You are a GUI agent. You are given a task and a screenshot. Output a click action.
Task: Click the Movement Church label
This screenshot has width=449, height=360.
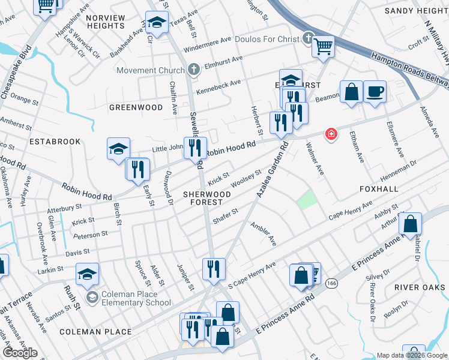pyautogui.click(x=151, y=70)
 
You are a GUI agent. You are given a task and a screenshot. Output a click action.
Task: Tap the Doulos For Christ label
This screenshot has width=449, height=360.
pyautogui.click(x=267, y=40)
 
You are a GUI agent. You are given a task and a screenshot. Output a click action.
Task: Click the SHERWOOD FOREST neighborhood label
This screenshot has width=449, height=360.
pyautogui.click(x=207, y=199)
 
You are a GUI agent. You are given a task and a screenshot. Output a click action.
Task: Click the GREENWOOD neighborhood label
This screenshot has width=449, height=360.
pyautogui.click(x=136, y=107)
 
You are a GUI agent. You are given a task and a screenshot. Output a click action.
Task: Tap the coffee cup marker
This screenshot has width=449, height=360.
pyautogui.click(x=375, y=91)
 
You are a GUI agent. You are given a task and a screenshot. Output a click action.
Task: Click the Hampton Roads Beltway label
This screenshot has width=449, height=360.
pyautogui.click(x=409, y=66)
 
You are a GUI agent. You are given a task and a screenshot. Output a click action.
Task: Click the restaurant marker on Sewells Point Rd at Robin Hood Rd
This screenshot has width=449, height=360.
pyautogui.click(x=194, y=147)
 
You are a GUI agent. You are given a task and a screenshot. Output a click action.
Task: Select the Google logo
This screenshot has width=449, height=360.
pyautogui.click(x=20, y=353)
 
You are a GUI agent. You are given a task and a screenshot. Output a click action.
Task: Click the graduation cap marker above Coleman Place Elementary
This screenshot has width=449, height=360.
pyautogui.click(x=87, y=274)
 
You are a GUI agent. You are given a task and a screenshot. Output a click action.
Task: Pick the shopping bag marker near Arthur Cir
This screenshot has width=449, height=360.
pyautogui.click(x=409, y=224)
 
